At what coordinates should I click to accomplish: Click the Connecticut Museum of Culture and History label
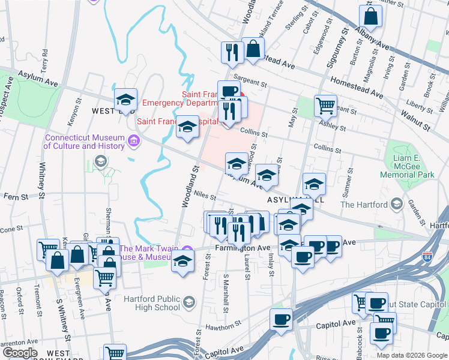[x=83, y=142]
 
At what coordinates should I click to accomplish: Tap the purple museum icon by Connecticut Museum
[x=133, y=142]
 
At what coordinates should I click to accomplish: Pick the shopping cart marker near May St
[x=325, y=106]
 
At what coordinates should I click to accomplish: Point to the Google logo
[x=20, y=352]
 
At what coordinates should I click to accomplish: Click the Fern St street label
[x=16, y=196]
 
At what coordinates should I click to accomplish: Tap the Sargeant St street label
[x=250, y=82]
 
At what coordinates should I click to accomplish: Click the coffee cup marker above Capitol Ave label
[x=280, y=319]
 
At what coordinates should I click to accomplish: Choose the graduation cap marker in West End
[x=125, y=98]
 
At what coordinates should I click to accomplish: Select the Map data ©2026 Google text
[x=411, y=355]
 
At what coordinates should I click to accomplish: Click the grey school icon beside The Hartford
[x=395, y=205]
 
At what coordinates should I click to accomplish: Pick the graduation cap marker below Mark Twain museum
[x=182, y=262]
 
